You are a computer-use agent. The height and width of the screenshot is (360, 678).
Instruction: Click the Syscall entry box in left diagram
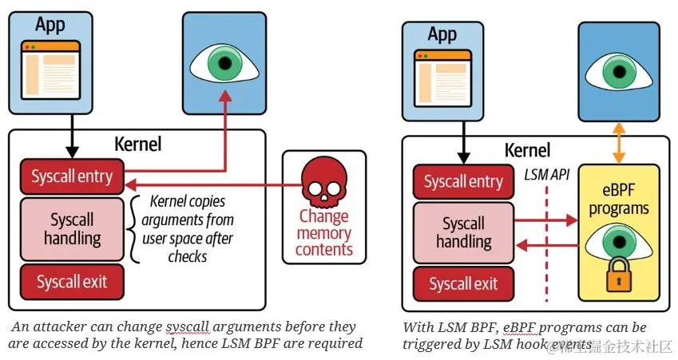[72, 176]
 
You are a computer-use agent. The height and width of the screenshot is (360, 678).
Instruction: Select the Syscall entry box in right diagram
[463, 182]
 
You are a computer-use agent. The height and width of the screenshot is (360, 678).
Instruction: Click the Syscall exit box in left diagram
[72, 281]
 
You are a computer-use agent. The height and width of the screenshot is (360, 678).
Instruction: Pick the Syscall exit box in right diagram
[463, 283]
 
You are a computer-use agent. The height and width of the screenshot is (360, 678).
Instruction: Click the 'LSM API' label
[547, 174]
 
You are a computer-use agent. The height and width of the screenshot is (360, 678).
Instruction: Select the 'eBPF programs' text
[619, 200]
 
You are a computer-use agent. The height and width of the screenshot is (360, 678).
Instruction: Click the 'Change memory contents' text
[324, 232]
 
